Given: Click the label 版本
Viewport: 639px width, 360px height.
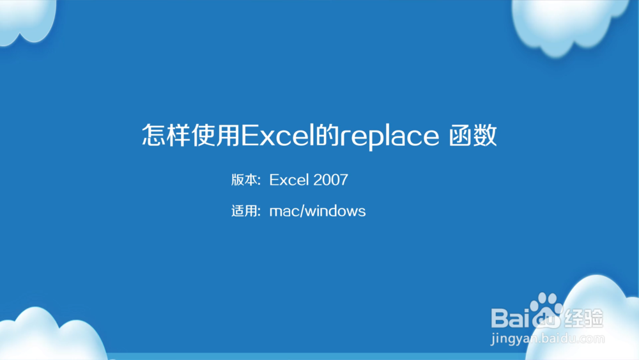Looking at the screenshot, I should click(245, 180).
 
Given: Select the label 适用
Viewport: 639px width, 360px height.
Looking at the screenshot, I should click(245, 211).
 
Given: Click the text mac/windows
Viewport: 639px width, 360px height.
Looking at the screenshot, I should click(318, 211).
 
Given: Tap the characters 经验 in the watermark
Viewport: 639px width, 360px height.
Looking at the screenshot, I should click(583, 316).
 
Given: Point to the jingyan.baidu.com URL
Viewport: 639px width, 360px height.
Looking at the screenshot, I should click(547, 339).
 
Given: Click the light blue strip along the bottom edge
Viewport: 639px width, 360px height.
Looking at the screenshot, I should click(319, 356).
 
